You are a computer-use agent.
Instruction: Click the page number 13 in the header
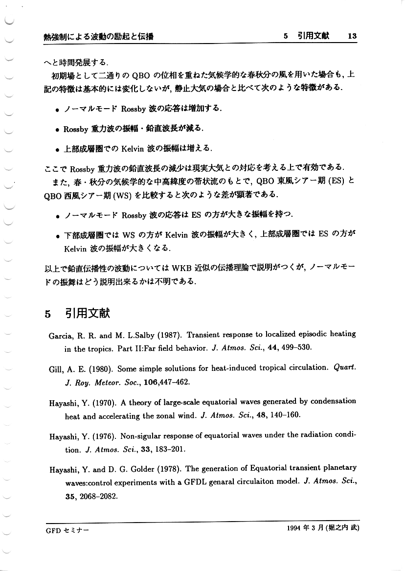click(x=353, y=36)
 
